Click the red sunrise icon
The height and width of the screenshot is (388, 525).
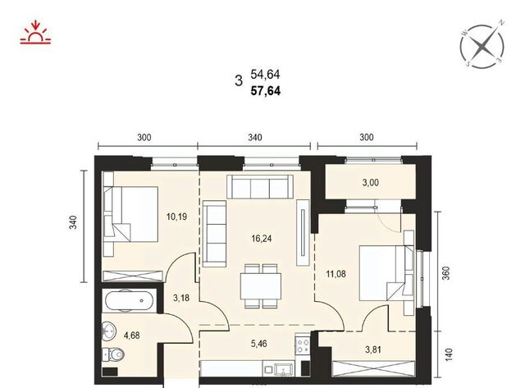pos(35,33)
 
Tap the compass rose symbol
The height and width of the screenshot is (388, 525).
pos(482,46)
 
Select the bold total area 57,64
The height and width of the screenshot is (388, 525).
pos(266,91)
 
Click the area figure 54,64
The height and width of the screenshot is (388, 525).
pos(265,75)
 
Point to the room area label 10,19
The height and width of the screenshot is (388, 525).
pos(177,217)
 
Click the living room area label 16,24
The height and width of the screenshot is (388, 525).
pos(262,239)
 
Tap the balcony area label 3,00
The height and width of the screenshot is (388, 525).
pos(371,183)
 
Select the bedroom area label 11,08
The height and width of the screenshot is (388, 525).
pos(336,274)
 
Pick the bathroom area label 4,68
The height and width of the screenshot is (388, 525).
pos(131,336)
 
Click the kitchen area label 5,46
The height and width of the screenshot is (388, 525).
pos(259,344)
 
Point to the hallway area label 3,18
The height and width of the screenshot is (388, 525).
pos(181,298)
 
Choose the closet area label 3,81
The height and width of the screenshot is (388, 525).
pos(373,349)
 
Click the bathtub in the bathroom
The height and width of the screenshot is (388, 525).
pos(130,300)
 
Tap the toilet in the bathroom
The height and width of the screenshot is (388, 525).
pos(113,354)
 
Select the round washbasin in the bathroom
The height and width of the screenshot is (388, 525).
pos(109,331)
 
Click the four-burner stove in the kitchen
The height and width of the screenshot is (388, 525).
pos(303,345)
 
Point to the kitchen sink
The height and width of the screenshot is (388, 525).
pos(284,370)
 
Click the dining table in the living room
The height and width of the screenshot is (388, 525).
pos(261,286)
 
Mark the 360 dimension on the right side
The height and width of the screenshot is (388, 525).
pos(446,273)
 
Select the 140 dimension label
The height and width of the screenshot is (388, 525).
pos(449,355)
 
